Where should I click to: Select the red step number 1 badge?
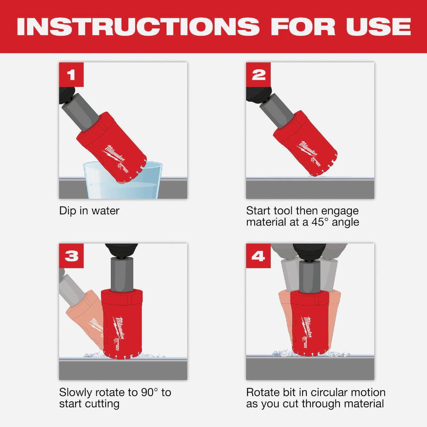(71, 75)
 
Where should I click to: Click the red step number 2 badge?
(258, 75)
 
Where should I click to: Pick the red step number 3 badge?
(71, 256)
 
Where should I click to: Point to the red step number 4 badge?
(258, 256)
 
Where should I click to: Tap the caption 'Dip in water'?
(89, 211)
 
